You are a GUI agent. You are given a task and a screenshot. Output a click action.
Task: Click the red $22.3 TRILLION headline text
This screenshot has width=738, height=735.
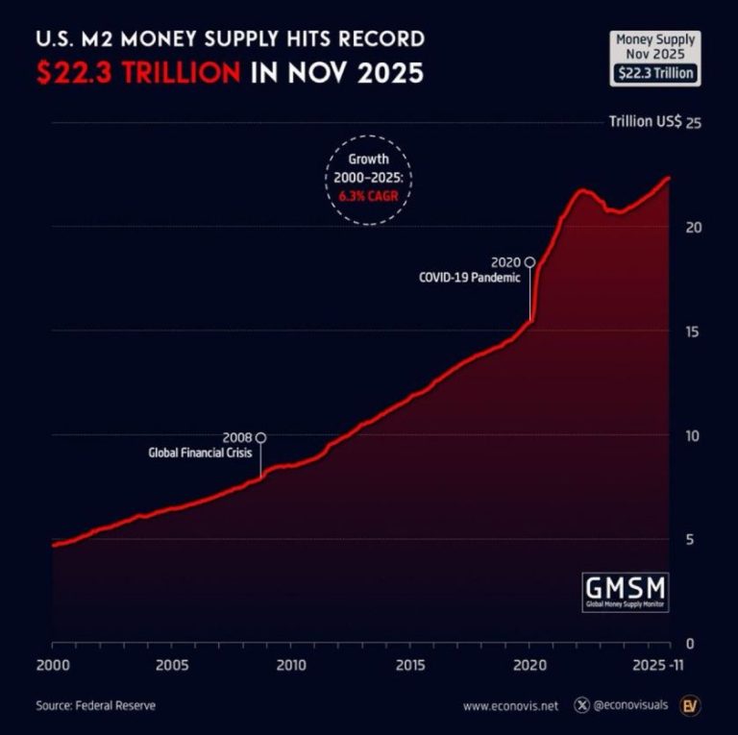click(x=138, y=73)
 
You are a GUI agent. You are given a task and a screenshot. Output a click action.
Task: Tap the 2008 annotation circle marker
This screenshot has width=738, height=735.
click(x=261, y=437)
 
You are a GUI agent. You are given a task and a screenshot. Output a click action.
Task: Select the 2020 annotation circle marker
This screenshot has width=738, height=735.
click(x=529, y=261)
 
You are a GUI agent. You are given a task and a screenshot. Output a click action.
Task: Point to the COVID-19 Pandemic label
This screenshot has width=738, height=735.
click(x=469, y=277)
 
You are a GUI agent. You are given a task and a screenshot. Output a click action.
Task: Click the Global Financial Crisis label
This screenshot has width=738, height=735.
click(x=201, y=453)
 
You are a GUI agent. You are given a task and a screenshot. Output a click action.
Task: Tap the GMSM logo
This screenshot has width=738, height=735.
click(x=626, y=587)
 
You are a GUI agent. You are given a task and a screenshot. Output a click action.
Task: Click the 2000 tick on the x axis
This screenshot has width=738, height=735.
click(x=52, y=665)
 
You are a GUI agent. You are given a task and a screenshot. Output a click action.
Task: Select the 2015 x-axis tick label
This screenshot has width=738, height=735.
click(x=410, y=665)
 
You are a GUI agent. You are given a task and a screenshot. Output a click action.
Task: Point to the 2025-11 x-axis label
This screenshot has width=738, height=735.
click(x=664, y=665)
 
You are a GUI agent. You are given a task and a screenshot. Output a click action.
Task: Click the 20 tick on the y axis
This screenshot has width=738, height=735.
click(x=690, y=228)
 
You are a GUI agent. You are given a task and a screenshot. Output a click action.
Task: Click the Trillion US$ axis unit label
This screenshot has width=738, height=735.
click(x=645, y=122)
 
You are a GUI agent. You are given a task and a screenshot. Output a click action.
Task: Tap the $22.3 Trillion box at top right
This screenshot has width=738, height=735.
click(x=657, y=73)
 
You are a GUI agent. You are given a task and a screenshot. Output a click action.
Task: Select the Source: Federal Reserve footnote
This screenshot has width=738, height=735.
click(x=95, y=706)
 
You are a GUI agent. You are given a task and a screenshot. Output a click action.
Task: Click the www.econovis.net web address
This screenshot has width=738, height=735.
click(x=509, y=706)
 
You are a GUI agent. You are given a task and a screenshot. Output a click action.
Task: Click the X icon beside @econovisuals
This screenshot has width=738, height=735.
click(x=581, y=706)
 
